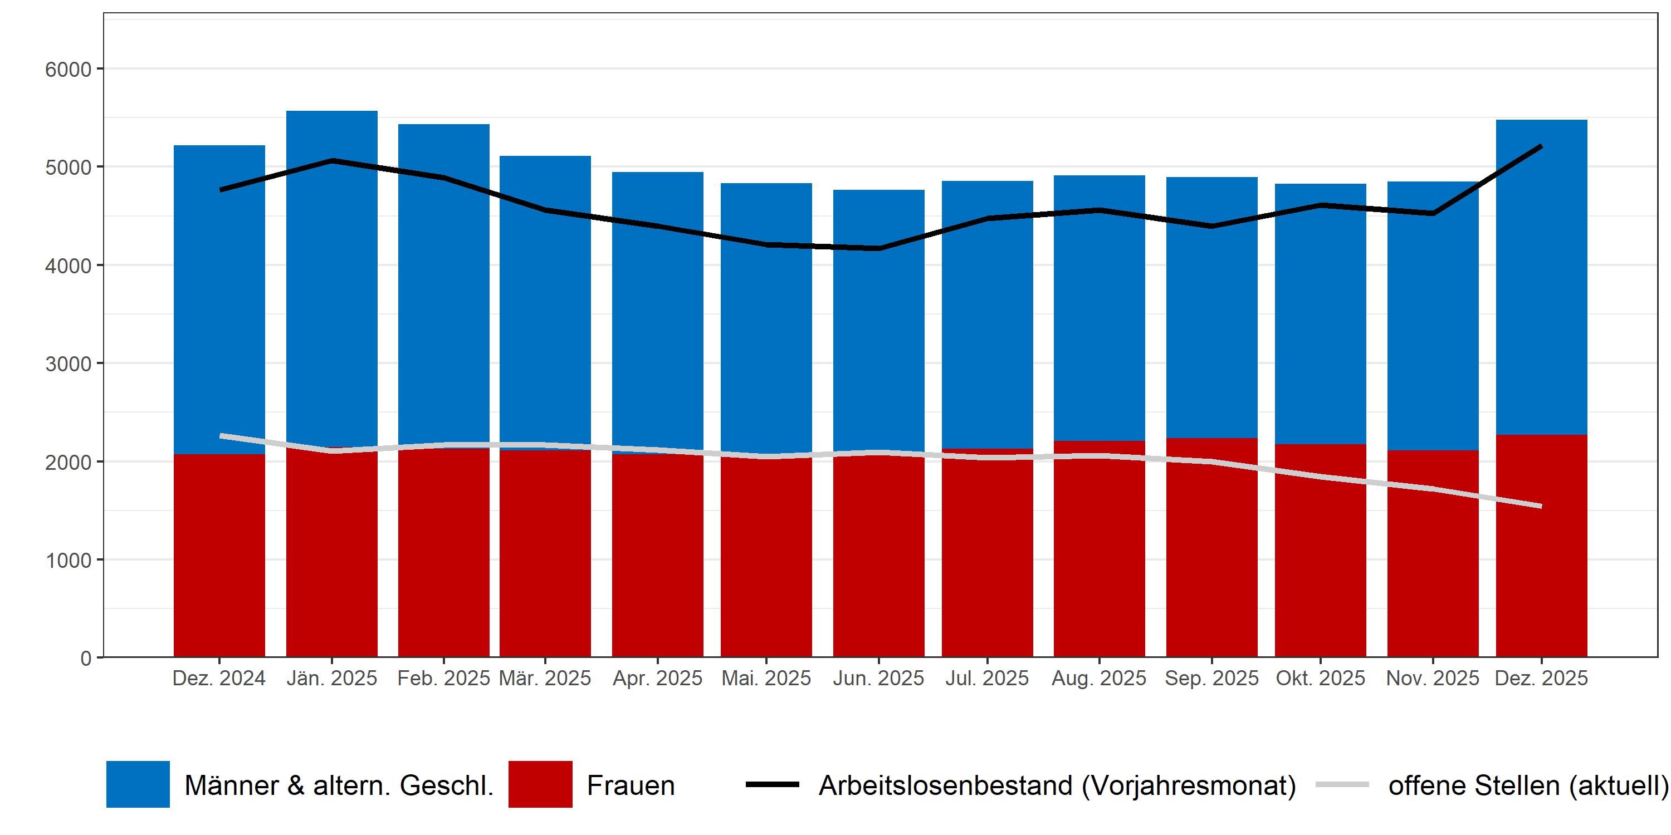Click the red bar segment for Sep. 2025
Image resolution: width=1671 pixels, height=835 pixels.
[x=1211, y=558]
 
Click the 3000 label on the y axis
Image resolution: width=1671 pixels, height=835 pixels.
[x=68, y=364]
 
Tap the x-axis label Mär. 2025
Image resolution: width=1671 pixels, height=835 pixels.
[x=545, y=678]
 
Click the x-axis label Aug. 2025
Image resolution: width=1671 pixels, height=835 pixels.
[x=1099, y=678]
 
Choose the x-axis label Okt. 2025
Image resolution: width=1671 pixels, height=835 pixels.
[x=1320, y=678]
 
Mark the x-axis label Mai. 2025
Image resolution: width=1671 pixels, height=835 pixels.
[x=766, y=678]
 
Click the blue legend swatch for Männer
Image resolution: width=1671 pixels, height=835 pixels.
[x=138, y=784]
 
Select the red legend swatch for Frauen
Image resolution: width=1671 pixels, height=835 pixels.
[x=540, y=784]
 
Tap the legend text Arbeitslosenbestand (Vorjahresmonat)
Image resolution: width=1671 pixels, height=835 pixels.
[x=1057, y=785]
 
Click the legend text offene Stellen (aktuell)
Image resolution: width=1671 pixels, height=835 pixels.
[x=1528, y=785]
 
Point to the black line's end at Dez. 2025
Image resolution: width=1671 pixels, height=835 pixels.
[x=1541, y=146]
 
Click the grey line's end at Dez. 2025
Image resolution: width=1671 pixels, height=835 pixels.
[x=1541, y=505]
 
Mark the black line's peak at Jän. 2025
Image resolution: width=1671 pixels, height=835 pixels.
[x=331, y=160]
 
